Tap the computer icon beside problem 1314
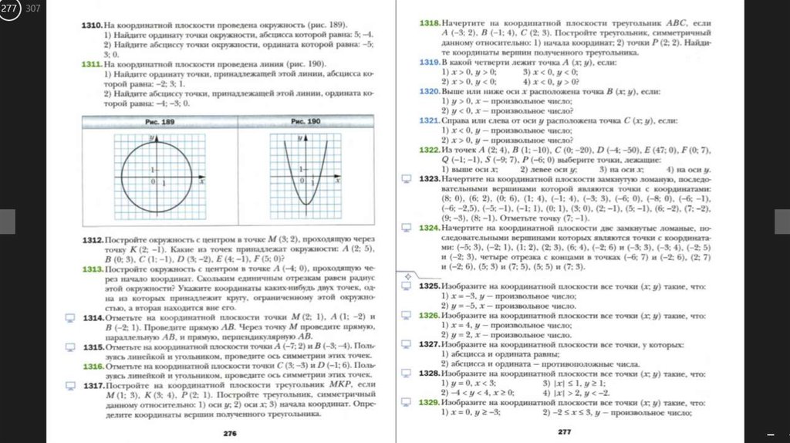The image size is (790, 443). (x=69, y=317)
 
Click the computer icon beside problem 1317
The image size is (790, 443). (x=69, y=385)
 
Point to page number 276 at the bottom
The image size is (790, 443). (x=229, y=434)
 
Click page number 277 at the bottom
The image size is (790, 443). (x=564, y=432)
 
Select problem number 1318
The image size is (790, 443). (x=429, y=23)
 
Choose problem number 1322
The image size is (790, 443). (x=429, y=149)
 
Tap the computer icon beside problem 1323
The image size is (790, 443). (x=406, y=178)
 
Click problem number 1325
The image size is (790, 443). (x=429, y=286)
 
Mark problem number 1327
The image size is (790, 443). (x=429, y=344)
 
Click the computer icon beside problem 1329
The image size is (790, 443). (x=406, y=403)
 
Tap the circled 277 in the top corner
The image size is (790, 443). (x=9, y=8)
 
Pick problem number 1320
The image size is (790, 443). (x=429, y=91)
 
